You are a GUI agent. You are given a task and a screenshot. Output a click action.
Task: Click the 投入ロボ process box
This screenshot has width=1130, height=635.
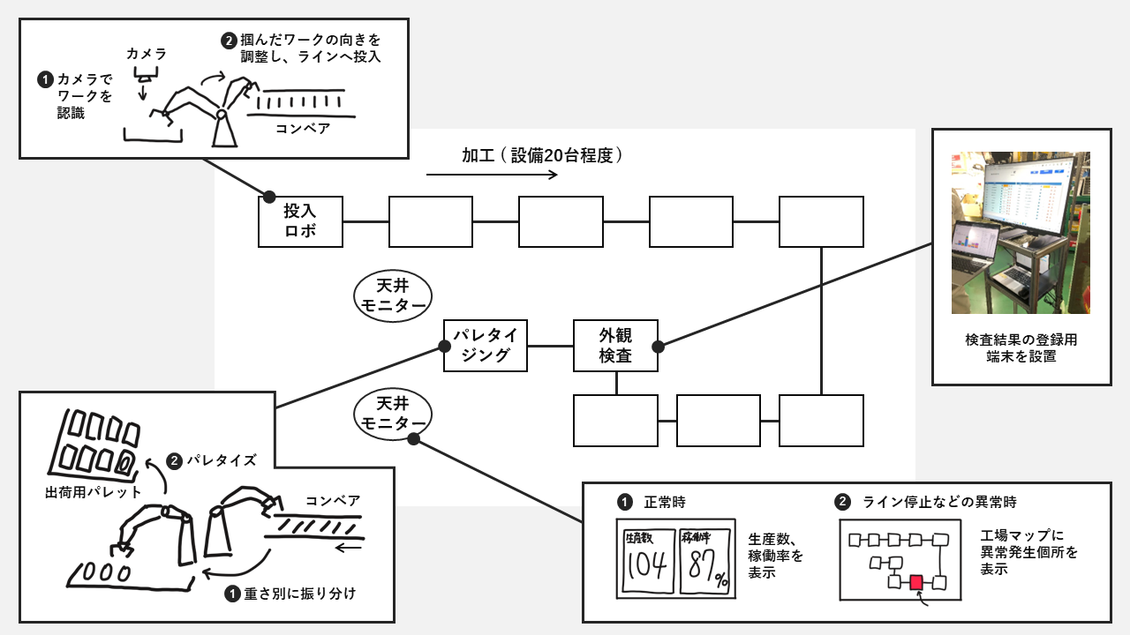pyautogui.click(x=300, y=221)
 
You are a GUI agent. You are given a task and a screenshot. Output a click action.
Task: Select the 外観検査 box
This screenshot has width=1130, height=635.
pyautogui.click(x=615, y=346)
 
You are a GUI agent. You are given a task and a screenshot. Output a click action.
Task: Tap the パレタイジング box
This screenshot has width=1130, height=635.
pyautogui.click(x=486, y=346)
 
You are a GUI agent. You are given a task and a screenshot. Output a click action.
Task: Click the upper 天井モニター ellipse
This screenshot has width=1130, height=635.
pyautogui.click(x=392, y=295)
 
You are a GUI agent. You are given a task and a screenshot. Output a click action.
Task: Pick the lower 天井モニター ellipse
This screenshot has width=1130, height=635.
pyautogui.click(x=392, y=414)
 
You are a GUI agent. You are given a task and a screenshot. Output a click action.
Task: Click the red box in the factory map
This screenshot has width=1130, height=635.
pyautogui.click(x=916, y=582)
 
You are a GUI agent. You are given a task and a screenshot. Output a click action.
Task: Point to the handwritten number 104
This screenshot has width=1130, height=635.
pyautogui.click(x=647, y=570)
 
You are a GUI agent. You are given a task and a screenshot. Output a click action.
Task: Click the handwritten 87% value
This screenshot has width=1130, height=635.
pyautogui.click(x=704, y=570)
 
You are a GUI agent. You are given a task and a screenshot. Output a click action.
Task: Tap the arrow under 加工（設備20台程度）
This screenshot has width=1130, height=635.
pyautogui.click(x=492, y=175)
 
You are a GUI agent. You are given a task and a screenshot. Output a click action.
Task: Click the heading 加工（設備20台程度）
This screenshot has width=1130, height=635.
pyautogui.click(x=544, y=155)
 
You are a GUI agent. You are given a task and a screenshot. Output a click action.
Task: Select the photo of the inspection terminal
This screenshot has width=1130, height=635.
pyautogui.click(x=1021, y=233)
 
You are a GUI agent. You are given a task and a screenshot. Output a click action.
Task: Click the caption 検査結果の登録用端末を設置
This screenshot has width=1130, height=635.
pyautogui.click(x=1021, y=347)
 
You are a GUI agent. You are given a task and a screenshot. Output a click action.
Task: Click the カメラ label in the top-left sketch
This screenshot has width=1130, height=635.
pyautogui.click(x=146, y=54)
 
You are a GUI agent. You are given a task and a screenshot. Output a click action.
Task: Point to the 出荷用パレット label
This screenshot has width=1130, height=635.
pyautogui.click(x=93, y=491)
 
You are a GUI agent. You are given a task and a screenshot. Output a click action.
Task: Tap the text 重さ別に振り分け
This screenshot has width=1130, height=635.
pyautogui.click(x=299, y=594)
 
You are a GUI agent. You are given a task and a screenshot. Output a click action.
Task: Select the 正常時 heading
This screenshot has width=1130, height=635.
pyautogui.click(x=665, y=502)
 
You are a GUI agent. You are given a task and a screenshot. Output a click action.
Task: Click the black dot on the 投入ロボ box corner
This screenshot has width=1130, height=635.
pyautogui.click(x=269, y=196)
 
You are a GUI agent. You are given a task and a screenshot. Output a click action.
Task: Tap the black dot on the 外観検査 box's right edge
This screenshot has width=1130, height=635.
pyautogui.click(x=658, y=346)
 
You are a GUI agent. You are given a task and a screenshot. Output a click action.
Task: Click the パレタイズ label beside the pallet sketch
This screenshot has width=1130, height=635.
pyautogui.click(x=222, y=460)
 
